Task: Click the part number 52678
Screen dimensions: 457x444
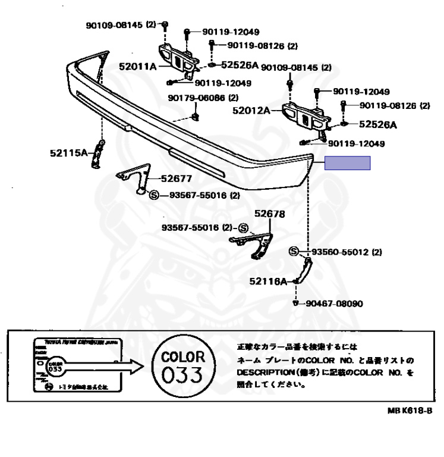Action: click(x=270, y=214)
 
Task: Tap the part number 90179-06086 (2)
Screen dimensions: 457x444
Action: click(x=203, y=98)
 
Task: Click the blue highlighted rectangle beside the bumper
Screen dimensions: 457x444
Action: click(x=347, y=163)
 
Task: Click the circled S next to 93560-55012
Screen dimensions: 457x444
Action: click(x=294, y=252)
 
